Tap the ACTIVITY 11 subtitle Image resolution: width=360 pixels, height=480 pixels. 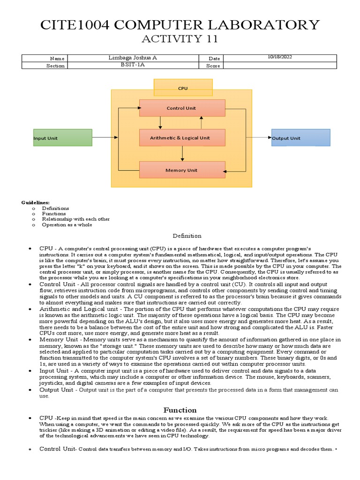[180, 40]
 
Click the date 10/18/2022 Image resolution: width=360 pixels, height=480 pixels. [280, 57]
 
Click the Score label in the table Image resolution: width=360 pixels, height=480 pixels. [213, 66]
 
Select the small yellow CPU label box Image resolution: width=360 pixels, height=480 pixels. [183, 88]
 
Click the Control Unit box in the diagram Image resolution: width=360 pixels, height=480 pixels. [182, 108]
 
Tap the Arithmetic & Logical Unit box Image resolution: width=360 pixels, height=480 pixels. [182, 138]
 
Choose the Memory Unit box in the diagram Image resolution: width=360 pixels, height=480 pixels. [182, 170]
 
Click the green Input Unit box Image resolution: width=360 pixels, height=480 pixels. [62, 138]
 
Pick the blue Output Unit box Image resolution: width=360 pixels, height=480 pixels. [300, 138]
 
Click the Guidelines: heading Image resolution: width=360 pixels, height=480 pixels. [35, 202]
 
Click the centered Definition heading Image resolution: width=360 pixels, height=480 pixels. [187, 236]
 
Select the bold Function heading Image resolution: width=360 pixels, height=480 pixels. [180, 410]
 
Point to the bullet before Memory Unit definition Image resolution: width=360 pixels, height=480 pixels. [30, 339]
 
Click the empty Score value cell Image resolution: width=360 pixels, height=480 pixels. [280, 66]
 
